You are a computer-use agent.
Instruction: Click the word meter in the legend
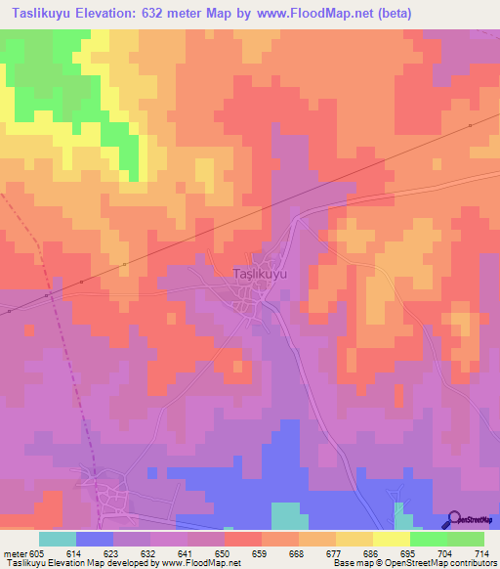tap(16, 552)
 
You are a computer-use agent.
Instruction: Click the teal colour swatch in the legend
tap(58, 539)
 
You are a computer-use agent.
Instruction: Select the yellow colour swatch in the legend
tap(391, 539)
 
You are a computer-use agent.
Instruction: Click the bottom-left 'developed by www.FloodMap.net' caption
tap(121, 563)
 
